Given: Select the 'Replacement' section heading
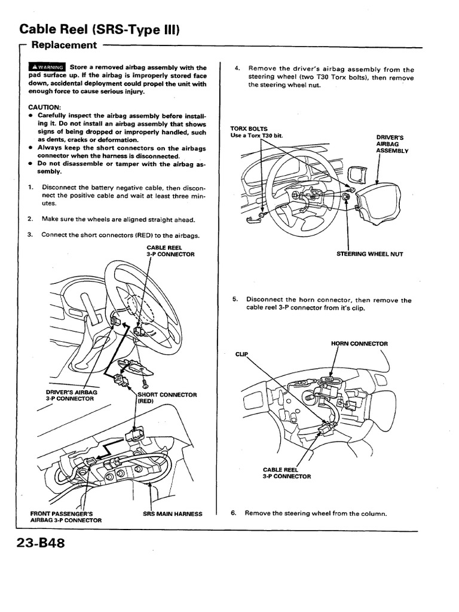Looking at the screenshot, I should coord(63,45).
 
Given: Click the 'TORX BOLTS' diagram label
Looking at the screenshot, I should coord(249,128).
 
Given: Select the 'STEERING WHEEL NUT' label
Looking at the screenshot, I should coord(370,254).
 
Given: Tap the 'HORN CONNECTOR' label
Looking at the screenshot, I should coord(359,344).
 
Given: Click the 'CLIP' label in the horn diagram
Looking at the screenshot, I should coord(241,354).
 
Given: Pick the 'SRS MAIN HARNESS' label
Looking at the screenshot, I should coord(173,513).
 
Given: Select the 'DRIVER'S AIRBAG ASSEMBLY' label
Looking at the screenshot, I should coord(391,144).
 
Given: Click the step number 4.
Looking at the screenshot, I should coord(237,69).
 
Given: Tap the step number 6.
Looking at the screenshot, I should coord(234,513).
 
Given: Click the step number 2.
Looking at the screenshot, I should coord(30,218).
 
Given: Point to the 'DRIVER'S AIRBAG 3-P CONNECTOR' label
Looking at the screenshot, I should coord(70,395).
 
